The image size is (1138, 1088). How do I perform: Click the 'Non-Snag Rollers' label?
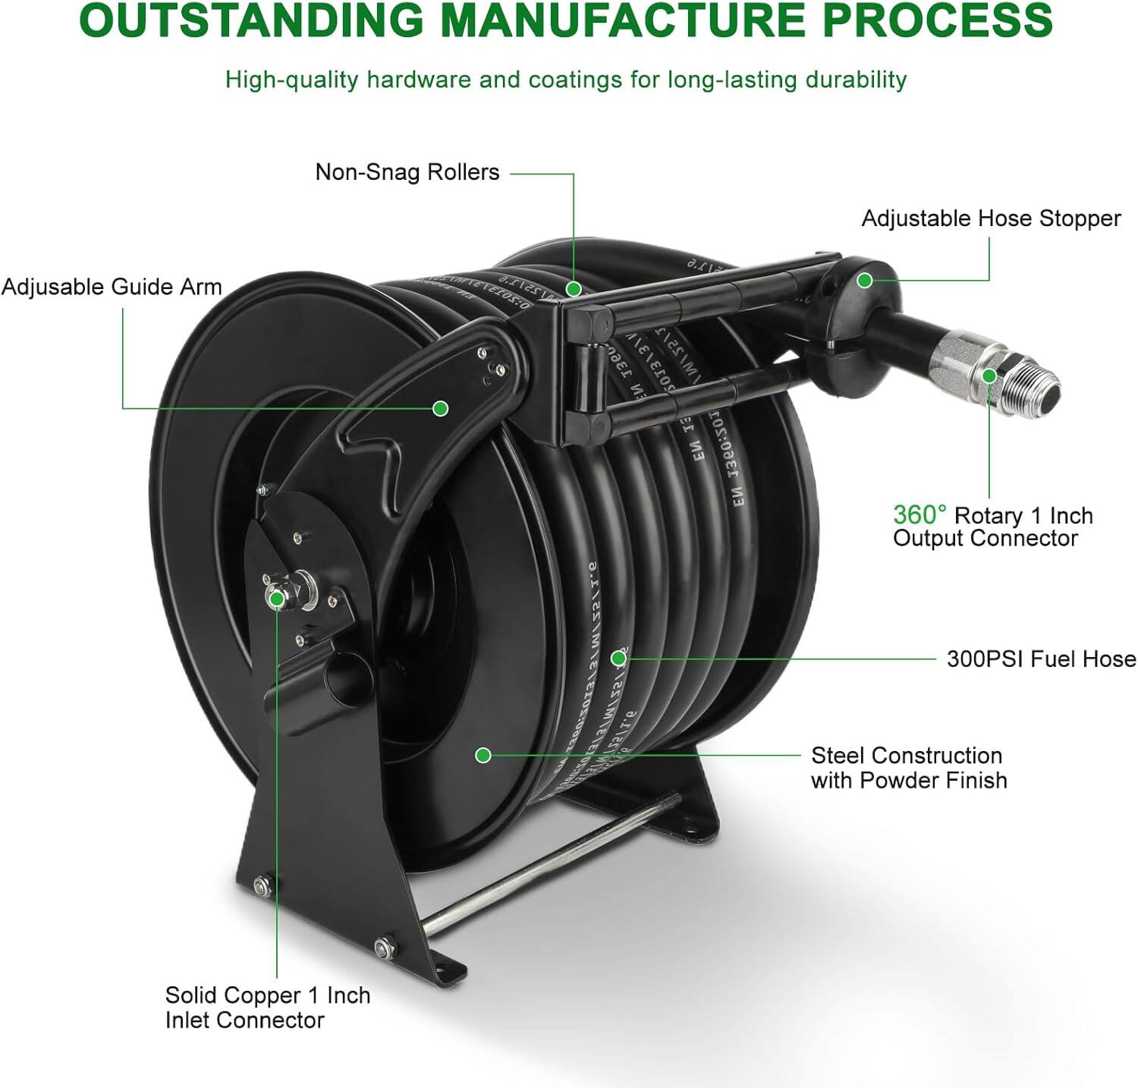pyautogui.click(x=407, y=172)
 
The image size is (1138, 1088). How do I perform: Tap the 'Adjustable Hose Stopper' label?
pyautogui.click(x=990, y=219)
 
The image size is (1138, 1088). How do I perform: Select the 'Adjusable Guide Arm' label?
pyautogui.click(x=112, y=287)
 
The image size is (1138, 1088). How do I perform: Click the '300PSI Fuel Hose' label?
pyautogui.click(x=1041, y=659)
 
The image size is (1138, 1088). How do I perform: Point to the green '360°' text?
pyautogui.click(x=919, y=515)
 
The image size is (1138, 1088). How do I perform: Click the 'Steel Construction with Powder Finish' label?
pyautogui.click(x=908, y=768)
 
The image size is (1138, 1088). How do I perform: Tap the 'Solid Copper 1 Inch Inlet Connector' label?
pyautogui.click(x=267, y=1008)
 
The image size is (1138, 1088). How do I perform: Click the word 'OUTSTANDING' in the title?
pyautogui.click(x=250, y=20)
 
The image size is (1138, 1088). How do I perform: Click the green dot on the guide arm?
pyautogui.click(x=440, y=408)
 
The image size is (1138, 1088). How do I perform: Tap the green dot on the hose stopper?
pyautogui.click(x=864, y=280)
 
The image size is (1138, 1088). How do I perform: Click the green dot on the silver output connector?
pyautogui.click(x=989, y=376)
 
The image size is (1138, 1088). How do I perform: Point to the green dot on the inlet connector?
pyautogui.click(x=277, y=599)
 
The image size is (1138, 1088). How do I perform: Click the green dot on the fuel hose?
pyautogui.click(x=619, y=659)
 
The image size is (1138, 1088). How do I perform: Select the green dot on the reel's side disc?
pyautogui.click(x=483, y=755)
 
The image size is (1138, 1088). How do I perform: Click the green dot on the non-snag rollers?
pyautogui.click(x=574, y=288)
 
